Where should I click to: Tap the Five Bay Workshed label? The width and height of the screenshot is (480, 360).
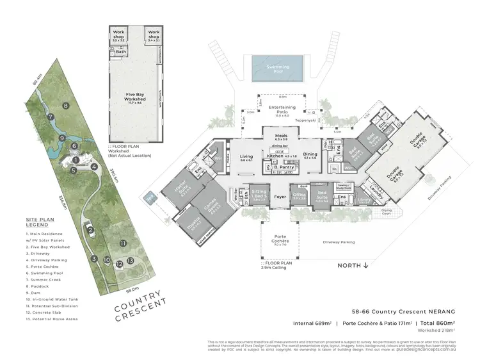pyautogui.click(x=135, y=97)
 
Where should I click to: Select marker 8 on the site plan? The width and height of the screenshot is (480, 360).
pyautogui.click(x=65, y=105)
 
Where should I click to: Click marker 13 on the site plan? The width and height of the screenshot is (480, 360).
pyautogui.click(x=130, y=261)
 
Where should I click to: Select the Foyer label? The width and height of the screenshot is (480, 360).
pyautogui.click(x=280, y=197)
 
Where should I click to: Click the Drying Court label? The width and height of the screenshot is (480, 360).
pyautogui.click(x=386, y=211)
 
